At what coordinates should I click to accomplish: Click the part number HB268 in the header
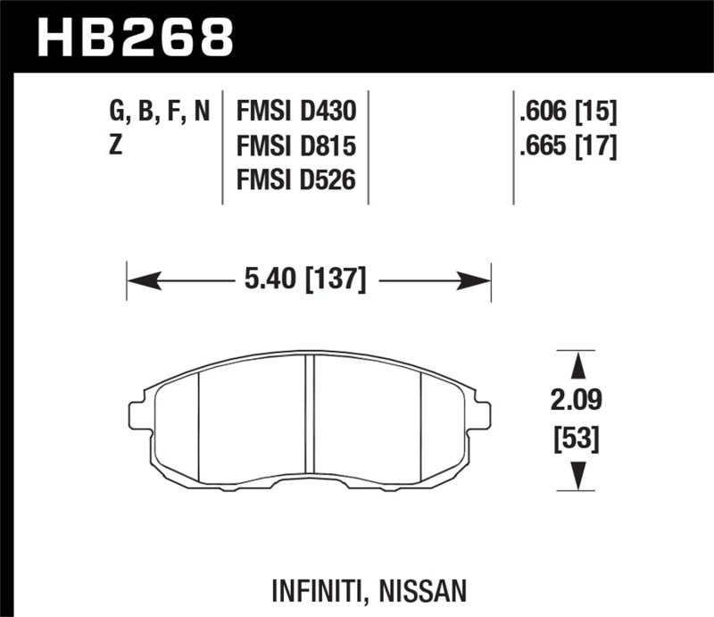(134, 37)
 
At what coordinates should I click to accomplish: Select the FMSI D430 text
(296, 112)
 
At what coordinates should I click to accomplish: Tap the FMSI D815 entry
(296, 146)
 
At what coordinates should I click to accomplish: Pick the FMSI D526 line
(296, 180)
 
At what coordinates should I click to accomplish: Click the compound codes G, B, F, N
(159, 112)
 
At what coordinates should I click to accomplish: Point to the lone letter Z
(115, 146)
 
